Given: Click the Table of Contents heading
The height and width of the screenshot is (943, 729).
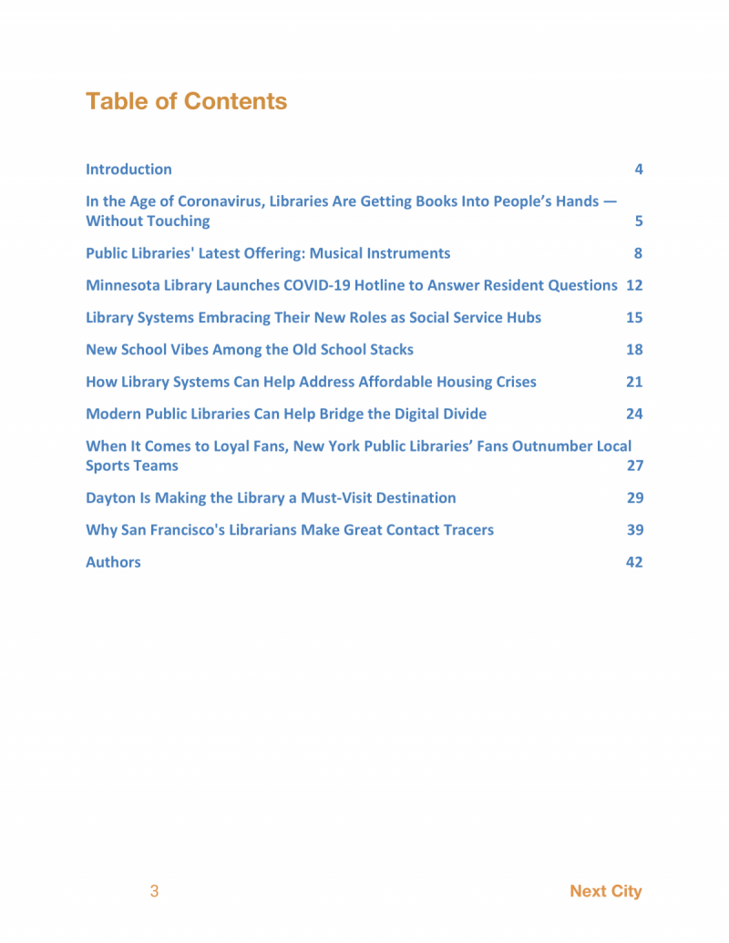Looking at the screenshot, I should (x=186, y=101).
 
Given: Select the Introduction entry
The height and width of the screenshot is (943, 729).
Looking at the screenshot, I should (x=128, y=169).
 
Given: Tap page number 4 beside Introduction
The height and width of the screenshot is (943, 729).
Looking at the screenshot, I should (x=639, y=169).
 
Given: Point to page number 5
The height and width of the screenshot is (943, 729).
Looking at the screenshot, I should (x=639, y=221).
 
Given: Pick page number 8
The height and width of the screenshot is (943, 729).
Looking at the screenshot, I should (x=639, y=253).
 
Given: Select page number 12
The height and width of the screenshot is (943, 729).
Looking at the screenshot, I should (x=634, y=285).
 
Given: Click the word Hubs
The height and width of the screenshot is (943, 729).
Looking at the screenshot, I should (x=522, y=318).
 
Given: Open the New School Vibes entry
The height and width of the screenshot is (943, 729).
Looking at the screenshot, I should (x=249, y=350).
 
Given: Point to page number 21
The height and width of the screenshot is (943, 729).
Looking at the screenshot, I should (x=634, y=382).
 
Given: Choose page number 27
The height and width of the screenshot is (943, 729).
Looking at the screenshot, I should (x=634, y=466).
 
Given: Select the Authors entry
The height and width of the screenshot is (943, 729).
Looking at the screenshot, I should (x=113, y=562).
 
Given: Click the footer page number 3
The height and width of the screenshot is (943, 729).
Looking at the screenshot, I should (x=154, y=891).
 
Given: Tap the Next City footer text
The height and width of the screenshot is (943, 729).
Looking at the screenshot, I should (x=605, y=891).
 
